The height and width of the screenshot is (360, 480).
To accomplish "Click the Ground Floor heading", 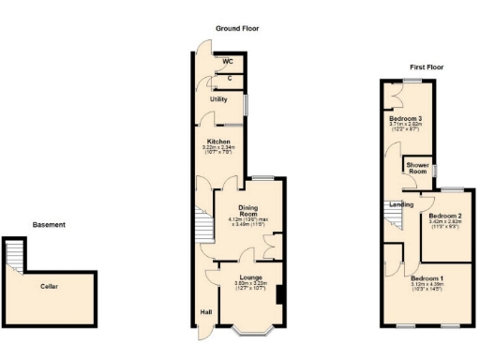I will pos(237,29).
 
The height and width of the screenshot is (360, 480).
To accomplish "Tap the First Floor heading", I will pos(426,67).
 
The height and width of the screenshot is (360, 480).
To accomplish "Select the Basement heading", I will pos(49,225).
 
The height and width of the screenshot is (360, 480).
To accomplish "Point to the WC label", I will pos(228,62).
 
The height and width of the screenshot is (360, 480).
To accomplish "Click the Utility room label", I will pos(218,98).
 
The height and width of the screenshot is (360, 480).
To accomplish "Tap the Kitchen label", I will pos(218,142).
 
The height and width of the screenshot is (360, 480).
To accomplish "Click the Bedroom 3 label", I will pos(406,119).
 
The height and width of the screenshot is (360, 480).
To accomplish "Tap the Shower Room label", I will pos(417,169).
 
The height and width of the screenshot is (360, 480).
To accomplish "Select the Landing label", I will pos(402,203).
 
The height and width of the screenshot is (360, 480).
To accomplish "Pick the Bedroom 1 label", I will pos(427,278).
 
